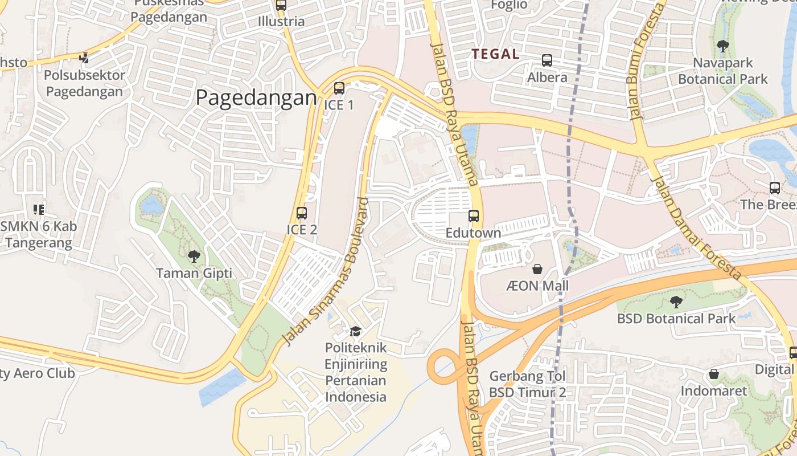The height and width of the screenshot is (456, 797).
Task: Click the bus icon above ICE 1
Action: click(339, 88)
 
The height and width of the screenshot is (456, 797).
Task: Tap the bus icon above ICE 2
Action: click(302, 213)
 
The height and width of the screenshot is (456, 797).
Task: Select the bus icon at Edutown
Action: click(474, 216)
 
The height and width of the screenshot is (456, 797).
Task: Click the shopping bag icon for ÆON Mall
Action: click(537, 268)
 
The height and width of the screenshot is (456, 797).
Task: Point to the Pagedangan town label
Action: click(256, 98)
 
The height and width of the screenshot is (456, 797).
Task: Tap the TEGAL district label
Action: click(495, 54)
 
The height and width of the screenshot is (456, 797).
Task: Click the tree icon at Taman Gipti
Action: click(194, 256)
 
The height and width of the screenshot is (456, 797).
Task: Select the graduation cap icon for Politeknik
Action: click(355, 331)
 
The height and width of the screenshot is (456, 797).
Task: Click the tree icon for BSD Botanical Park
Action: click(676, 302)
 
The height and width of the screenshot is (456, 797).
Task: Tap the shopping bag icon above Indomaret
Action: click(713, 374)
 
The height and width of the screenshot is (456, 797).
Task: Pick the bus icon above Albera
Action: click(547, 60)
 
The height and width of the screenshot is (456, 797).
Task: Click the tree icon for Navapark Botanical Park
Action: click(722, 46)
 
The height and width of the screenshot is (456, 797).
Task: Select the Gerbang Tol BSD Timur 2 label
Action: click(528, 384)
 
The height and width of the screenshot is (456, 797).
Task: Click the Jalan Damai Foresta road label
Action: click(697, 228)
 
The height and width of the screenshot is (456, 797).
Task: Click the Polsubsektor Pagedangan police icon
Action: click(84, 58)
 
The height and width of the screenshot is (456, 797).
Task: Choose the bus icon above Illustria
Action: click(281, 5)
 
